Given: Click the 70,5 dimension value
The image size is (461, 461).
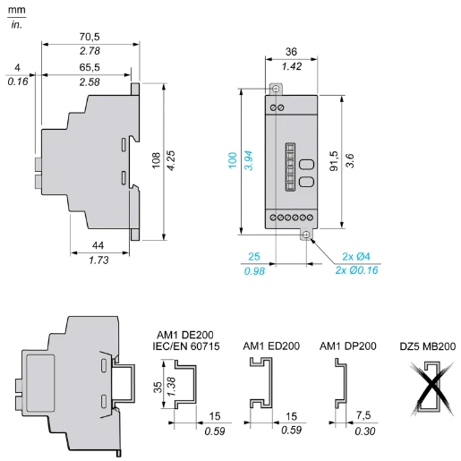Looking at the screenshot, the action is tap(90, 37).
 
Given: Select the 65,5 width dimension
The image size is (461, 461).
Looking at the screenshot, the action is tap(90, 67).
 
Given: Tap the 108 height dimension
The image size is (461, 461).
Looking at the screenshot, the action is tap(156, 160).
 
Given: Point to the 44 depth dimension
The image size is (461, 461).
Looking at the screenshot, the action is tap(98, 245).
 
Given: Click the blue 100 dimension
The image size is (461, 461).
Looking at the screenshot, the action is tap(233, 160).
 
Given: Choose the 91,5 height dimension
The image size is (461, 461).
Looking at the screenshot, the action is tap(334, 161).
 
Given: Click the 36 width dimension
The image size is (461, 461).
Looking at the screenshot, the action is tap(291, 52).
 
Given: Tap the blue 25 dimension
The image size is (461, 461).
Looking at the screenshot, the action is tap(254, 256).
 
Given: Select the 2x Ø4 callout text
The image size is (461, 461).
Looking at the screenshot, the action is tap(356, 256).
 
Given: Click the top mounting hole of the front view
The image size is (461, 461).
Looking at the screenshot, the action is tap(276, 89).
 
